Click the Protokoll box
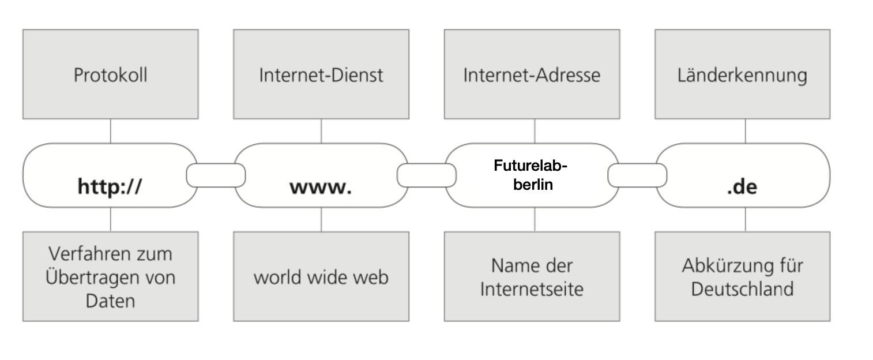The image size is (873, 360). [x=111, y=74]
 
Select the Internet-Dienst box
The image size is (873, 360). [x=321, y=74]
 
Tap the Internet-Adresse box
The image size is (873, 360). [x=532, y=74]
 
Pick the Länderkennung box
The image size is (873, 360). [x=743, y=74]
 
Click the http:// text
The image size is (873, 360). [x=110, y=186]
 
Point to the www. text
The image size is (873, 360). [x=321, y=187]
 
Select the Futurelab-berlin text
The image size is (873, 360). [x=531, y=175]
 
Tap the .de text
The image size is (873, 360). [x=742, y=187]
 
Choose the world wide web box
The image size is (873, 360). [x=321, y=276]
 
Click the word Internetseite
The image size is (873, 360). [x=532, y=289]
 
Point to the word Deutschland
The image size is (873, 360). [x=743, y=289]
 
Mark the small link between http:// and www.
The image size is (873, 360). [x=216, y=175]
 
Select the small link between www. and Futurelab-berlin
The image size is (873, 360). [x=427, y=175]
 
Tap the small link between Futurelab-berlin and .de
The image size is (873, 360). [x=638, y=175]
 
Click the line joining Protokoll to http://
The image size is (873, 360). [x=111, y=131]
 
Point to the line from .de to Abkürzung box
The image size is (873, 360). [x=746, y=220]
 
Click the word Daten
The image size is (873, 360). [x=110, y=301]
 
